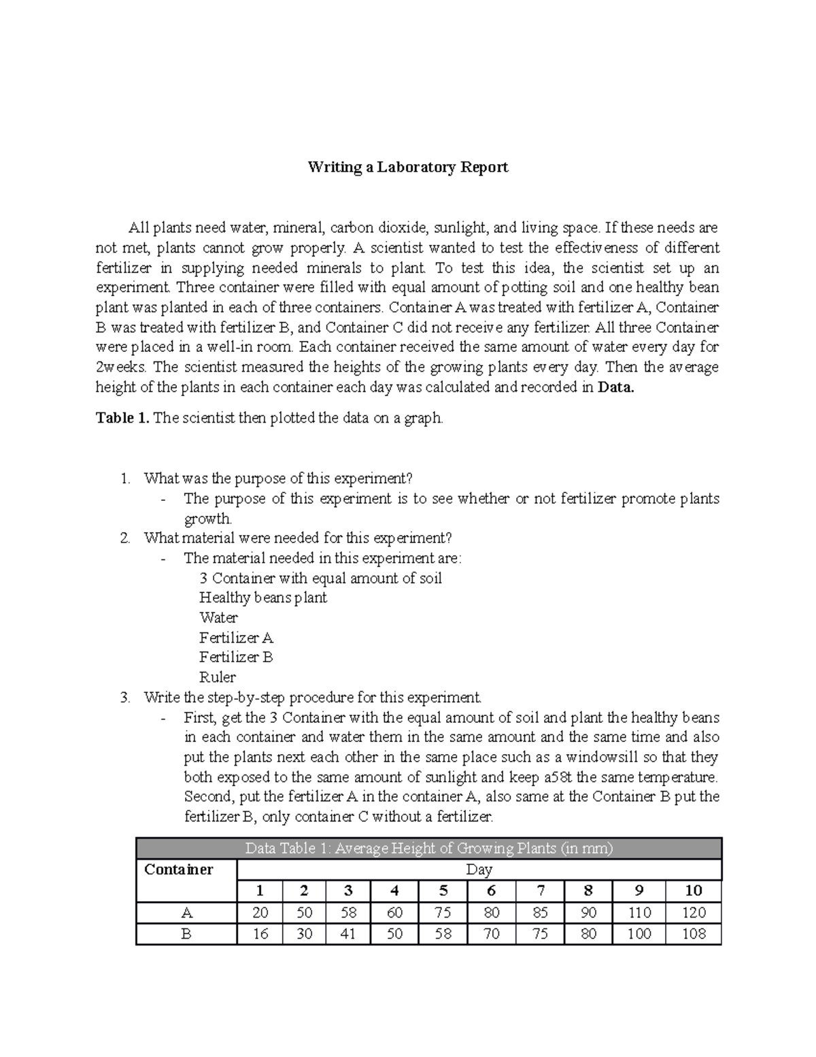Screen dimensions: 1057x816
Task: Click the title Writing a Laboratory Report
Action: pyautogui.click(x=408, y=167)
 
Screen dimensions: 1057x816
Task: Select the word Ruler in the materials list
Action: pyautogui.click(x=218, y=677)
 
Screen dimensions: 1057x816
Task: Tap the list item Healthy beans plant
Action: pyautogui.click(x=262, y=598)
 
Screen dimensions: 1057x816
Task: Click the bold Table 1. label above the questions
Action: pyautogui.click(x=122, y=418)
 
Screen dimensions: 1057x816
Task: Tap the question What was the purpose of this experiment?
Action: pyautogui.click(x=278, y=478)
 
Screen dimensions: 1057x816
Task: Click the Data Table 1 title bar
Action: pyautogui.click(x=428, y=849)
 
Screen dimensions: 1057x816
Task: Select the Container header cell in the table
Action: pyautogui.click(x=179, y=870)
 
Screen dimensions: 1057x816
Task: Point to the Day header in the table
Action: pyautogui.click(x=479, y=870)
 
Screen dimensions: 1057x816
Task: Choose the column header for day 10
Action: pyautogui.click(x=694, y=891)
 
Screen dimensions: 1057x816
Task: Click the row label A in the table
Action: pyautogui.click(x=186, y=913)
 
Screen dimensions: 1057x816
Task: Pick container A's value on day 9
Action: pyautogui.click(x=639, y=913)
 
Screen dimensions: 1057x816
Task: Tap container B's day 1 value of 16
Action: pyautogui.click(x=260, y=934)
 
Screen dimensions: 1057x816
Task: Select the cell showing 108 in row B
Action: pyautogui.click(x=694, y=934)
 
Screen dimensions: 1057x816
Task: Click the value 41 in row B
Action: pyautogui.click(x=348, y=934)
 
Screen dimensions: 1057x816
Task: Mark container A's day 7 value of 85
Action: pyautogui.click(x=540, y=913)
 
